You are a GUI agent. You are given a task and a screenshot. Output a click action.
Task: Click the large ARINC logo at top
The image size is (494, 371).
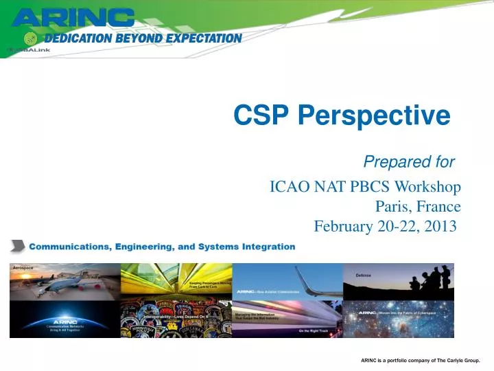[73, 17]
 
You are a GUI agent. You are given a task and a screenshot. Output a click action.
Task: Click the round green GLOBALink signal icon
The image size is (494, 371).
[30, 38]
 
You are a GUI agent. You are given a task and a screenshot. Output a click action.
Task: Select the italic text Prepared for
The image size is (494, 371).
[408, 162]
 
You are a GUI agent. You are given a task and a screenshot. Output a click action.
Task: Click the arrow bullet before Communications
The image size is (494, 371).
[18, 246]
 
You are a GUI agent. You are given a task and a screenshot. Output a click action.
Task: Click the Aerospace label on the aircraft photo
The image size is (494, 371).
[24, 267]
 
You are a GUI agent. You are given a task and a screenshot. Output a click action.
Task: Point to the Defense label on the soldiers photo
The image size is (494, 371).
[363, 275]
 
